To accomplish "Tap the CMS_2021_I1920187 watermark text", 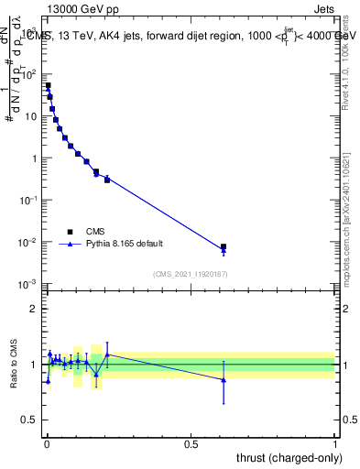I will click(x=190, y=273).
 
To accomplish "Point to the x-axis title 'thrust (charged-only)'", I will click(x=286, y=456).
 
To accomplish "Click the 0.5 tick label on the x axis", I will click(x=191, y=443).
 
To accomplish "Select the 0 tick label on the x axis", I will click(x=47, y=443).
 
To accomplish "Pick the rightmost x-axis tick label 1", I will click(x=335, y=443).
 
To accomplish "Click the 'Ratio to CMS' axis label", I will click(x=14, y=365).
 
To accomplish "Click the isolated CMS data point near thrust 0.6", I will click(x=224, y=246).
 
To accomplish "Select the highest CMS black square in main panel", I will click(x=48, y=85).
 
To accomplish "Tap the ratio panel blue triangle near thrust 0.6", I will click(x=224, y=380).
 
